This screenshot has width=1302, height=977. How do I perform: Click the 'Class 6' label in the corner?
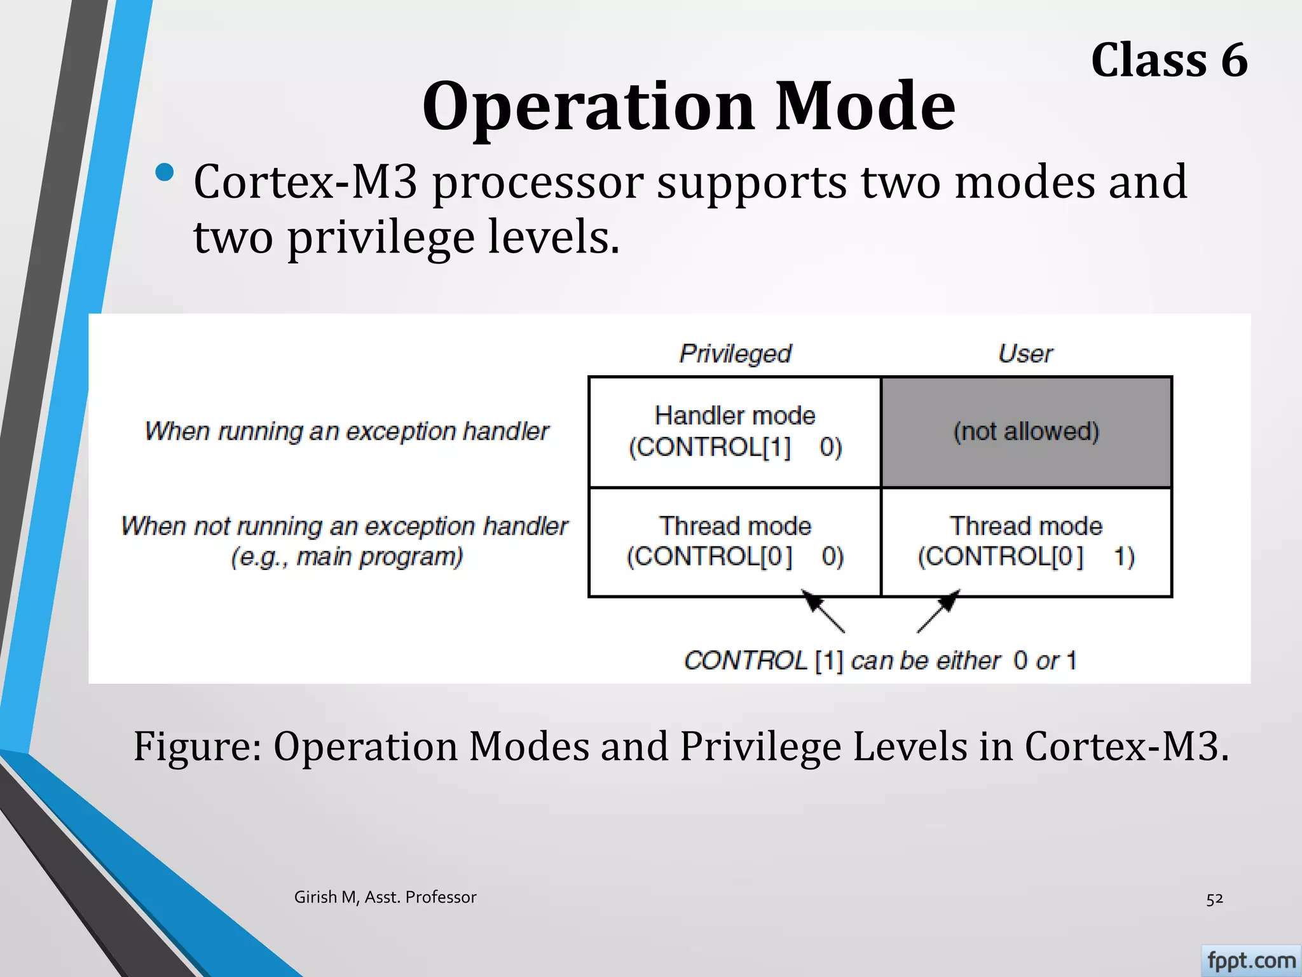coord(1168,60)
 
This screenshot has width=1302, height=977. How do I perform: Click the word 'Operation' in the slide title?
coord(589,106)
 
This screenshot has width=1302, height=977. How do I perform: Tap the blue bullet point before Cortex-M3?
coord(164,173)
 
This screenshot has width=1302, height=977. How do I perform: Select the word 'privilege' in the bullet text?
coord(380,238)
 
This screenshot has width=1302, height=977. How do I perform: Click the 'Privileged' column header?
coord(735,353)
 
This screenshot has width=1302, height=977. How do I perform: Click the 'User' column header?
coord(1025,353)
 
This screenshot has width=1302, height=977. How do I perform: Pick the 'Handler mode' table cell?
coord(735,431)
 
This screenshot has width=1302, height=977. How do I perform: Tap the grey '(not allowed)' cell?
coord(1026,432)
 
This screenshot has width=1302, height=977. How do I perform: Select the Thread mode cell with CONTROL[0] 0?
coord(735,541)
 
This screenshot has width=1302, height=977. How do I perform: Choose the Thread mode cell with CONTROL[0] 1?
coord(1026,541)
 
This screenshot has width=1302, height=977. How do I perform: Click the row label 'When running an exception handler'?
coord(346,431)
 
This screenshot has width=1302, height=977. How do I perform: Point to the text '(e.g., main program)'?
coord(346,557)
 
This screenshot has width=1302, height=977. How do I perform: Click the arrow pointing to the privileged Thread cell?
coord(823,611)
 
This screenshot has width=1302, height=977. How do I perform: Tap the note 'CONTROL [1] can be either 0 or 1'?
coord(880,660)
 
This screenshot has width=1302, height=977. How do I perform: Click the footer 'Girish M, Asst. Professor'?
coord(385,897)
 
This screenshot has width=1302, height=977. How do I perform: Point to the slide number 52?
coord(1214,899)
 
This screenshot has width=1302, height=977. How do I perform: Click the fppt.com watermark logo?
coord(1251,960)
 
